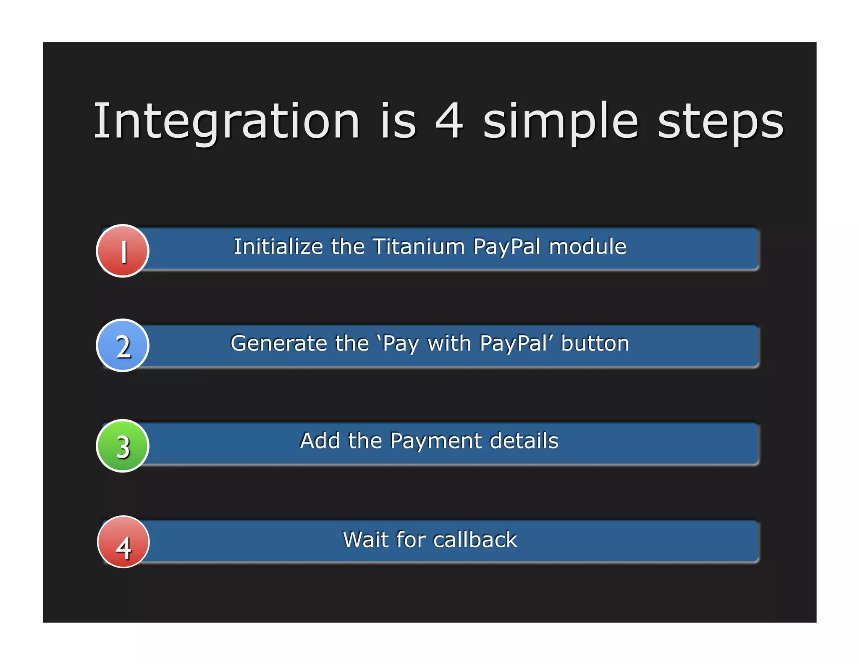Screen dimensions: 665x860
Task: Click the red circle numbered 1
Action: (x=123, y=251)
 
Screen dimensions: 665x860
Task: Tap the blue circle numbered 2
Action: (x=123, y=346)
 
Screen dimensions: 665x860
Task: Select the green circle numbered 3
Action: (x=123, y=446)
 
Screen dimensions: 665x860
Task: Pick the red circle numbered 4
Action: (x=123, y=542)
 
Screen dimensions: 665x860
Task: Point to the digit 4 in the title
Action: (x=449, y=121)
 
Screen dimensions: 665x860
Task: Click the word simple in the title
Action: (x=561, y=122)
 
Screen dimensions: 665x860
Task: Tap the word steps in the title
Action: (x=720, y=122)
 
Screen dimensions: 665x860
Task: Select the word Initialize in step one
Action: (x=278, y=246)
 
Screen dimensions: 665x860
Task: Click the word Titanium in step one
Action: (x=419, y=246)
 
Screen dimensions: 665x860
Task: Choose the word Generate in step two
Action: (x=279, y=343)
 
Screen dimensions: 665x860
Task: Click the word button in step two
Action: (x=595, y=343)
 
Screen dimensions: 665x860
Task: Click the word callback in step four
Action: (x=475, y=539)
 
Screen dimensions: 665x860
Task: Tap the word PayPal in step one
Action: (x=507, y=247)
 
